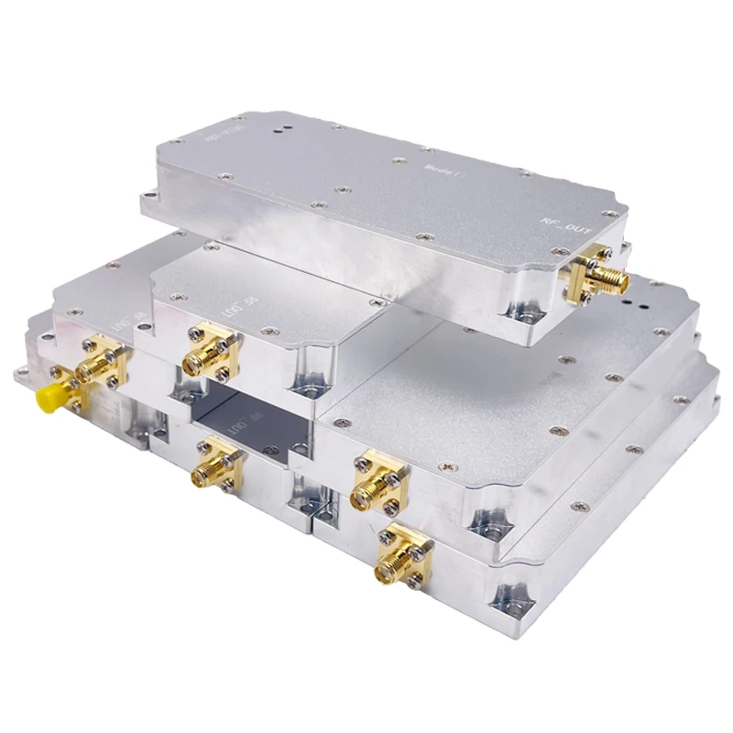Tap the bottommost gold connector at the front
pyautogui.click(x=400, y=558)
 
